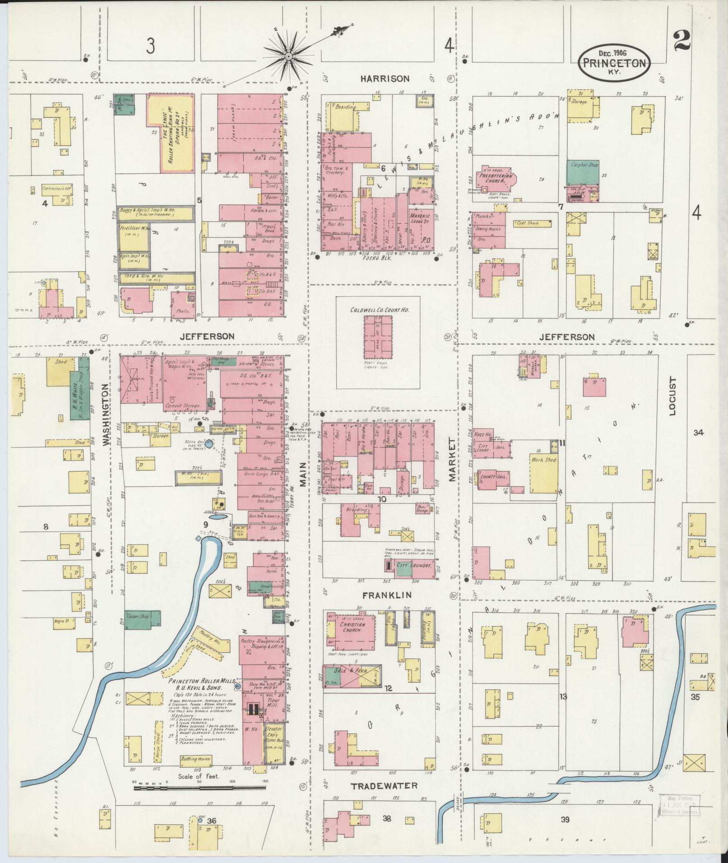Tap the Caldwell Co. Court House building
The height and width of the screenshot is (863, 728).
point(378,337)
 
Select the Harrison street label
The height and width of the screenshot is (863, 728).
point(385,78)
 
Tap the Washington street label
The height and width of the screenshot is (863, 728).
point(107,415)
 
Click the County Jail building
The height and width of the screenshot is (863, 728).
point(489,478)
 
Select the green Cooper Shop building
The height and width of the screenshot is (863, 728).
point(143,620)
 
